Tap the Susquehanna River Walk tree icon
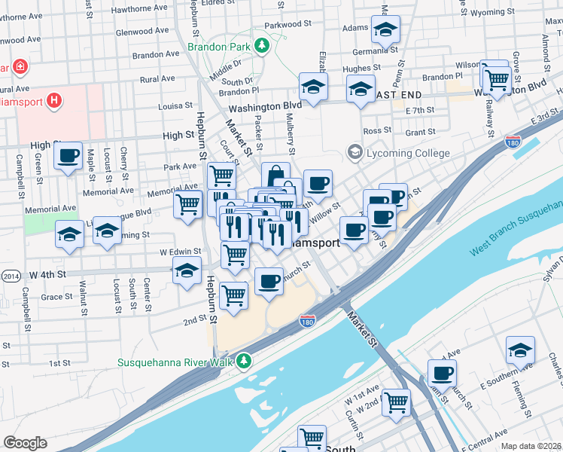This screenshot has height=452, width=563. click(x=243, y=362)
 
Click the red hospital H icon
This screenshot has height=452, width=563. click(x=53, y=99)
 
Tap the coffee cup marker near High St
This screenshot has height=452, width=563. click(x=68, y=157)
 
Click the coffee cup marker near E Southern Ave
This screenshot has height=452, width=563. click(x=443, y=373)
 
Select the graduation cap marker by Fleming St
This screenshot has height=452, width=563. click(x=520, y=351)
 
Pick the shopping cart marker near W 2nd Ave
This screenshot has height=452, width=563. click(x=396, y=402)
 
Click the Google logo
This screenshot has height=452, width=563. click(x=26, y=443)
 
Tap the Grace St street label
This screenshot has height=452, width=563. click(x=57, y=297)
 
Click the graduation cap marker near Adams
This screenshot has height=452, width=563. click(x=386, y=30)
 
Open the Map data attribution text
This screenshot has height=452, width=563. click(x=531, y=445)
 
